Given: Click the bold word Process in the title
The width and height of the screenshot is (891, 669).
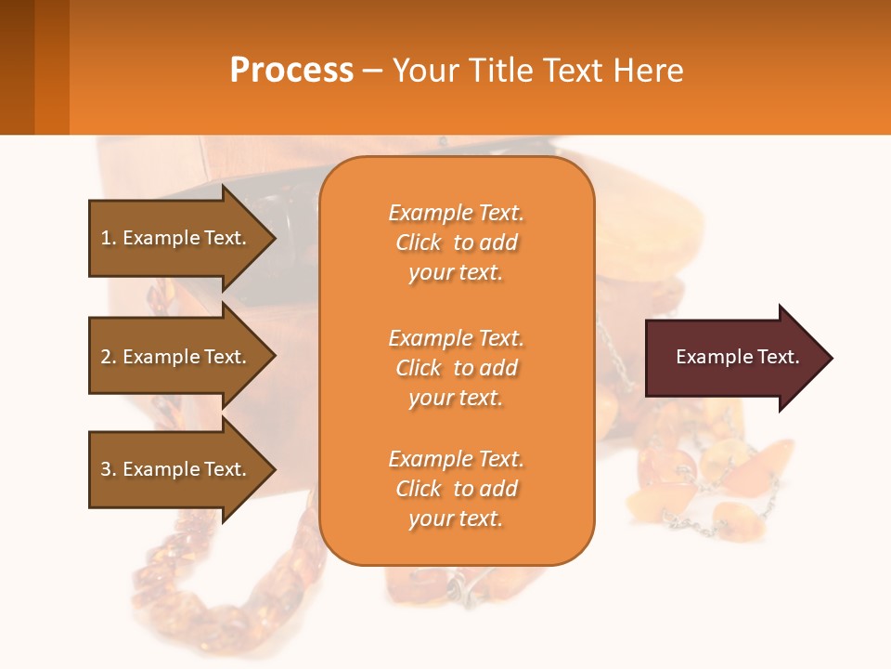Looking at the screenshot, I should (291, 71).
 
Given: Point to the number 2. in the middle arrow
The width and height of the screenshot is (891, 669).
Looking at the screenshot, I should (109, 357).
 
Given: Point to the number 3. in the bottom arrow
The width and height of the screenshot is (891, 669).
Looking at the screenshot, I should (109, 469).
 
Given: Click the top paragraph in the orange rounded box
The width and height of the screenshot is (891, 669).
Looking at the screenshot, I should (456, 243).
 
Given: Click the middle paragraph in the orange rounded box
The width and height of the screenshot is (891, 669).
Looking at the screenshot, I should (456, 368).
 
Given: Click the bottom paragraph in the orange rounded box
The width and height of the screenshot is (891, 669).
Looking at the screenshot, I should (456, 489).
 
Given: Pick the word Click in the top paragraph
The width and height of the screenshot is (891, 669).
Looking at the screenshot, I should (419, 243).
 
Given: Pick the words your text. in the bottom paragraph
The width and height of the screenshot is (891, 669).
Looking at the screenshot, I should (456, 518).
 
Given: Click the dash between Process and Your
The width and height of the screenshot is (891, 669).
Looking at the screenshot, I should (373, 72).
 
